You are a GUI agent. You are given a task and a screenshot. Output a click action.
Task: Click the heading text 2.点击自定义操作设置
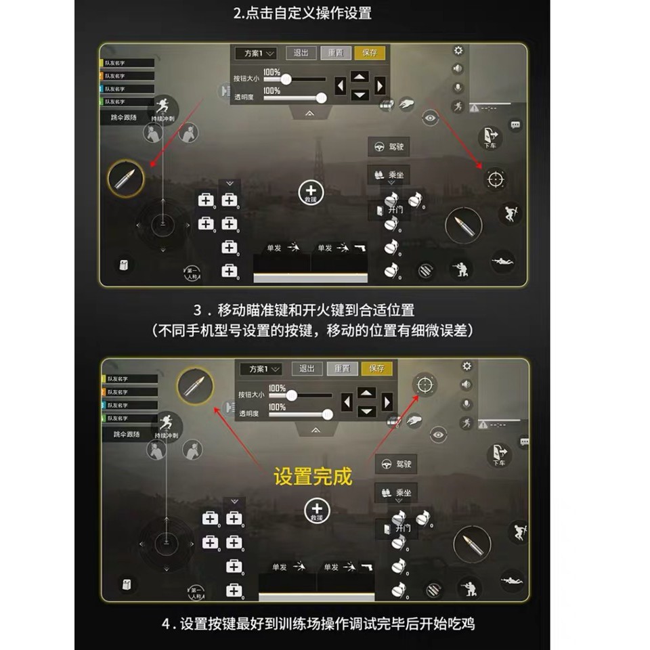[302, 13]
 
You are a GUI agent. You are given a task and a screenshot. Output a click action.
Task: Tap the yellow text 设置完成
[313, 476]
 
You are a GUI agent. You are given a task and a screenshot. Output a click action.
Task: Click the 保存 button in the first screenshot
[370, 53]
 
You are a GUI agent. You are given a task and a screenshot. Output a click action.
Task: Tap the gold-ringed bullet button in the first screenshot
[126, 179]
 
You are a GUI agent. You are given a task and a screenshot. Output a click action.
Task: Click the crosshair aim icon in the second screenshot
[425, 385]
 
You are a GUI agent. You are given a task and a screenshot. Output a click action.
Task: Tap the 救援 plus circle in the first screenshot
[311, 193]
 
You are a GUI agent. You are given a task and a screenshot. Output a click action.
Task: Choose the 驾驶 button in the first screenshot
[389, 147]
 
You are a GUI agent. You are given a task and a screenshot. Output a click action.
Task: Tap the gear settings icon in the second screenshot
[467, 366]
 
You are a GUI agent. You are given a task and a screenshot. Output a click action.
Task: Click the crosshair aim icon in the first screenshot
[496, 179]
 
